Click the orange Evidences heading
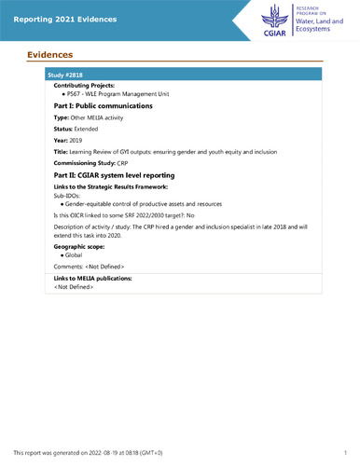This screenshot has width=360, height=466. coord(49,56)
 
